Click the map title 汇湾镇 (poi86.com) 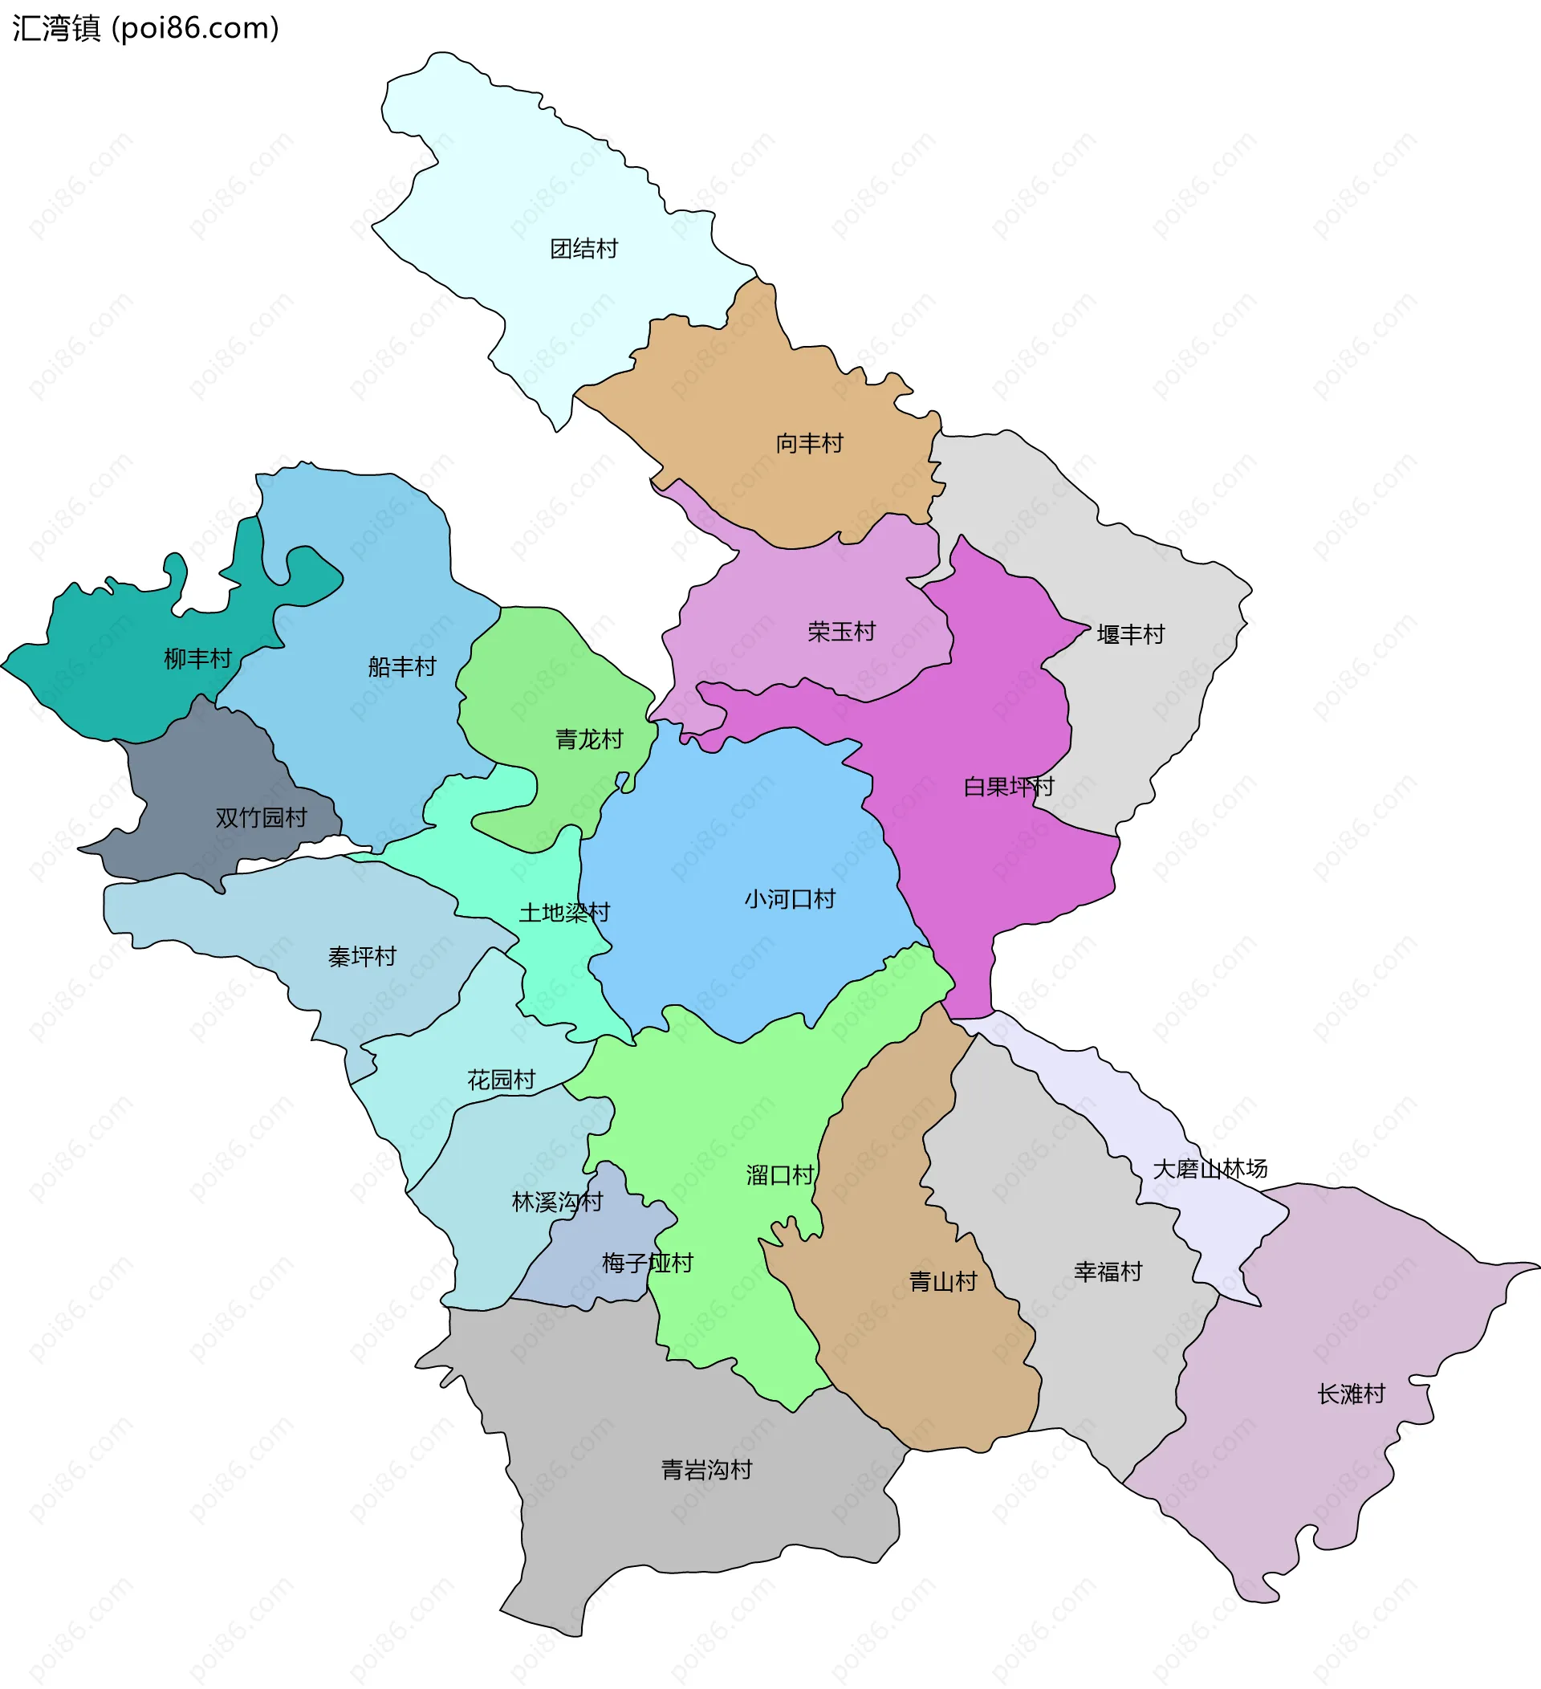(146, 28)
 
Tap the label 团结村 (583, 249)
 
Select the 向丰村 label (809, 443)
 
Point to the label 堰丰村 (1131, 634)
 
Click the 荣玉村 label (841, 631)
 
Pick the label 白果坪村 (1008, 787)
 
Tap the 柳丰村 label (197, 658)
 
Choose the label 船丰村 (402, 667)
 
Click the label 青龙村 (590, 739)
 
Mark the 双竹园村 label (262, 818)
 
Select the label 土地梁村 (564, 913)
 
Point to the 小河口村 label (790, 899)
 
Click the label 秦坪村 (362, 957)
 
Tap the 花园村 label (501, 1080)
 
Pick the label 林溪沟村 (557, 1203)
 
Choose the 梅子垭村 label (648, 1263)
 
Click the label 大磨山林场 (1210, 1168)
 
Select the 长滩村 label (1351, 1394)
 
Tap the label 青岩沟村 (707, 1470)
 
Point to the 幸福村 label (1108, 1272)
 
